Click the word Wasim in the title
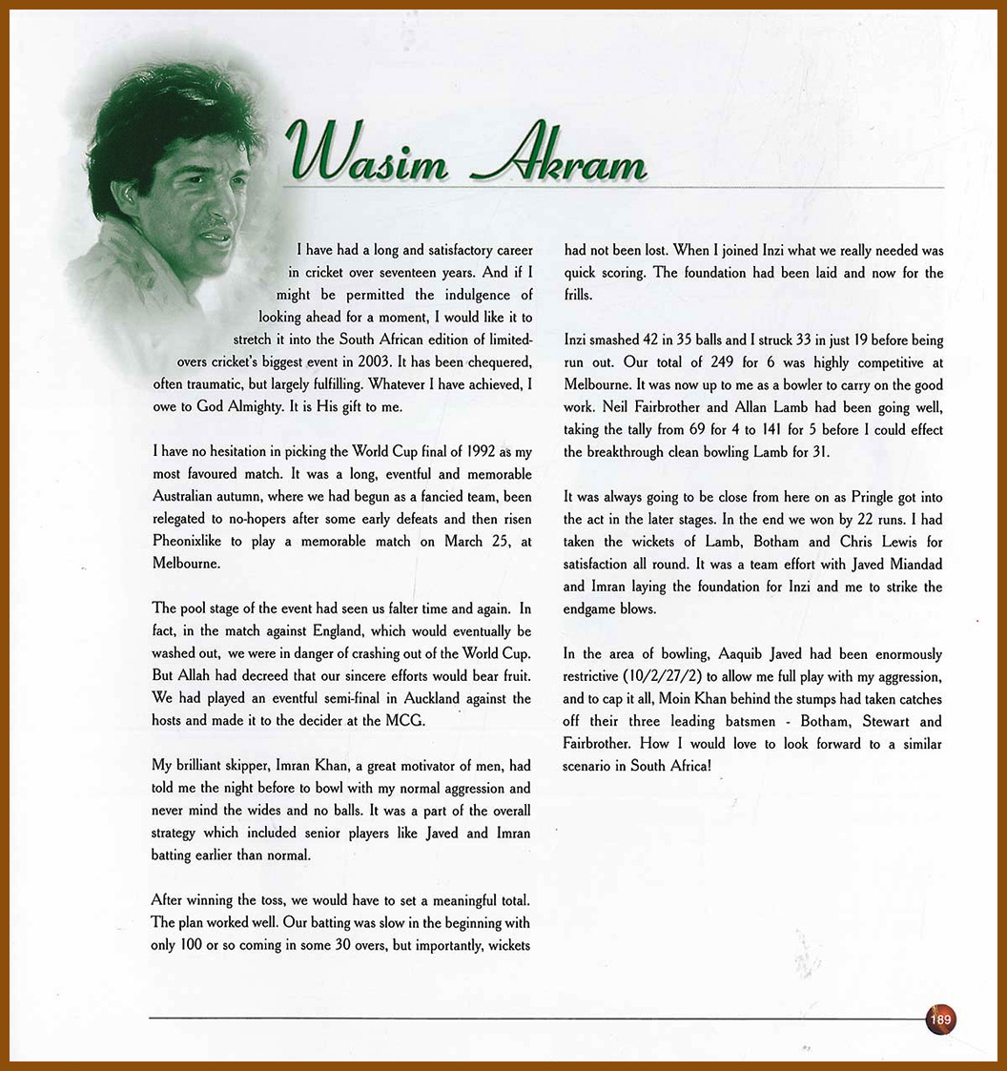[367, 154]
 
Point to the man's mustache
[215, 222]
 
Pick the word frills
[579, 296]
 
